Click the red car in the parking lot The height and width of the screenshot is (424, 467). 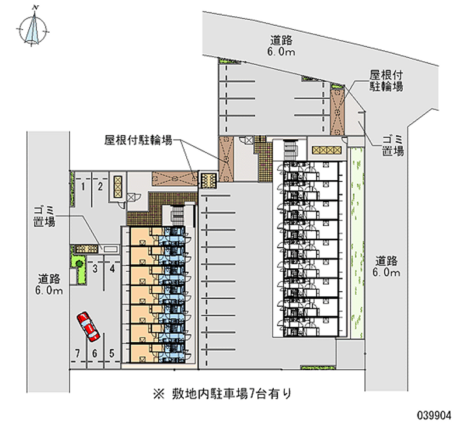pyautogui.click(x=89, y=327)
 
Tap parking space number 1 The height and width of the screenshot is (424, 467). pyautogui.click(x=85, y=186)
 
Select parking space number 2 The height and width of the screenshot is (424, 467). pyautogui.click(x=100, y=186)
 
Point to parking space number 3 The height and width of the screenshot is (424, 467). pyautogui.click(x=95, y=268)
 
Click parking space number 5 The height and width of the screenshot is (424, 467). pyautogui.click(x=111, y=353)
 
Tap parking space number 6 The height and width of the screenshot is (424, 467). pyautogui.click(x=93, y=353)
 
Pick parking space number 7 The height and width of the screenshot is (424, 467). pyautogui.click(x=76, y=353)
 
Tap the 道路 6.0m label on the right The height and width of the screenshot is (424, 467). pyautogui.click(x=387, y=267)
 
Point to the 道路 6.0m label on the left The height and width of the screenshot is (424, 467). pyautogui.click(x=50, y=284)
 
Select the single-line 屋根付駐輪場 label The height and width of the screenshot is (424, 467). pyautogui.click(x=138, y=140)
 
